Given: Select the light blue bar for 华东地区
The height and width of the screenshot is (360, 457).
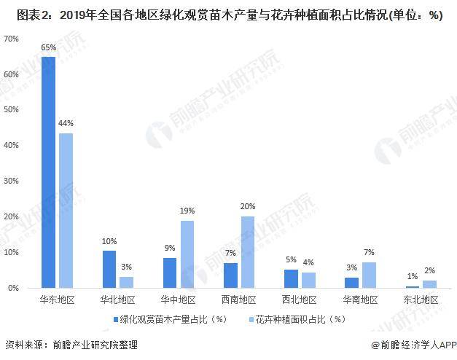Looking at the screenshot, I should (66, 211).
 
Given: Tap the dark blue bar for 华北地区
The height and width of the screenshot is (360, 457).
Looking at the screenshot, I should (109, 269).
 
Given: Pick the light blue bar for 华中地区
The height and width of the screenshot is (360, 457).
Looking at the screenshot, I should (187, 254).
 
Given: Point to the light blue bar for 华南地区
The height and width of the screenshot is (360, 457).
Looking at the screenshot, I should (370, 275).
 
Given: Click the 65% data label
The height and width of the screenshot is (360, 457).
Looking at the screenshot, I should (48, 47).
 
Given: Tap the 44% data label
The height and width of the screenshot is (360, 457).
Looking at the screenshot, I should (66, 124).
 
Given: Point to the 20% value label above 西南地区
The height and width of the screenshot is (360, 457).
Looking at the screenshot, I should (248, 207).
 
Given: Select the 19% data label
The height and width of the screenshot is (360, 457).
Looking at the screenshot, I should (187, 211).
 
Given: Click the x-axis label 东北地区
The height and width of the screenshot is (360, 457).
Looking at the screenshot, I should (421, 300).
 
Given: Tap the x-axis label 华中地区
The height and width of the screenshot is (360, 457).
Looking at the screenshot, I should (178, 300).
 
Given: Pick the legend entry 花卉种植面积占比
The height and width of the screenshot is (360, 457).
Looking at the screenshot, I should (298, 319).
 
